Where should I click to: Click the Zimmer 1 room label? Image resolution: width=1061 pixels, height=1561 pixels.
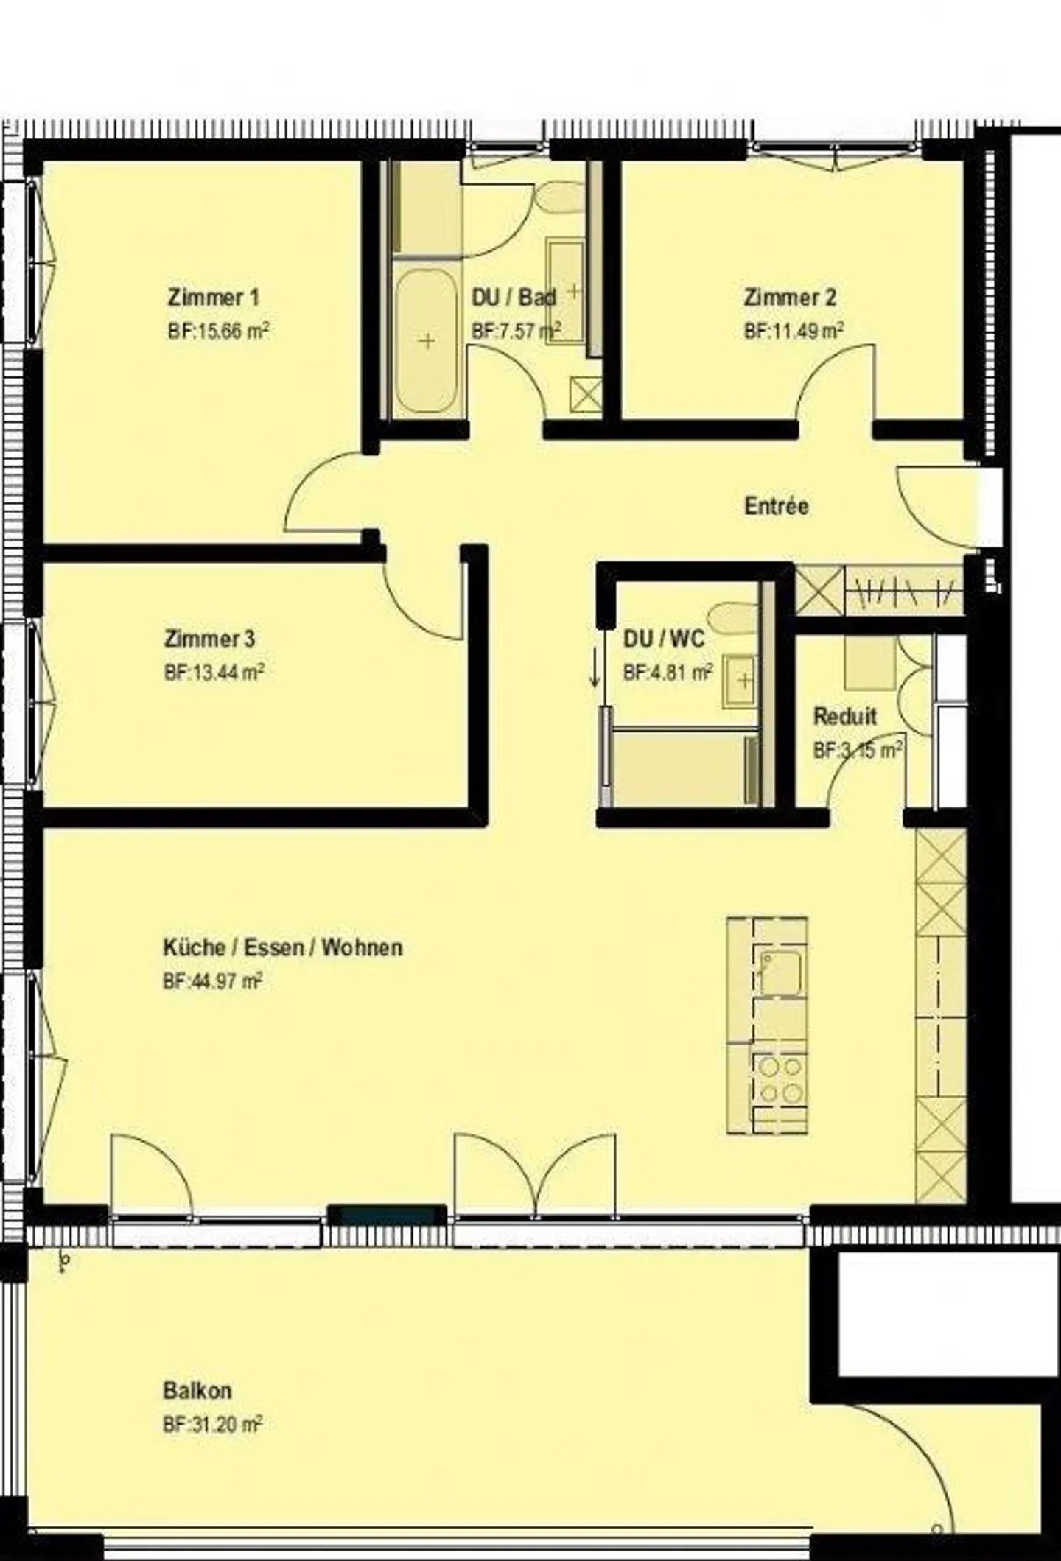click(x=214, y=298)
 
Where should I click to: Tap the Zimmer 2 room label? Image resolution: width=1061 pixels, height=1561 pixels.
click(x=790, y=298)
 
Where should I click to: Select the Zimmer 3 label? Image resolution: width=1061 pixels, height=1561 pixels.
click(x=209, y=638)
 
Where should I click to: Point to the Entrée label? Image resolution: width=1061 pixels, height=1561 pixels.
click(x=777, y=506)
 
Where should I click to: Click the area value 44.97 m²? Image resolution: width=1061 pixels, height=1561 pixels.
click(x=213, y=981)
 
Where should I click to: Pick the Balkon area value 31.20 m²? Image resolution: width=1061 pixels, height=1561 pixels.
click(x=213, y=1425)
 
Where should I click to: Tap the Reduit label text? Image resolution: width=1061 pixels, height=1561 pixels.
click(x=844, y=716)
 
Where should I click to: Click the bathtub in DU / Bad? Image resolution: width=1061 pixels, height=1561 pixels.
click(x=426, y=340)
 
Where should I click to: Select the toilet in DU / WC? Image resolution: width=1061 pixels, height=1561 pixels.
click(x=733, y=616)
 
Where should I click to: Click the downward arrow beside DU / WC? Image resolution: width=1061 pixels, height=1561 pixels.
click(x=595, y=672)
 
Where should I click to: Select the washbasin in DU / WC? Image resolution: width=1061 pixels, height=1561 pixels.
click(x=741, y=679)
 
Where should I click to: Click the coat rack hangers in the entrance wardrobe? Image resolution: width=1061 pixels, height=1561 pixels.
click(x=905, y=590)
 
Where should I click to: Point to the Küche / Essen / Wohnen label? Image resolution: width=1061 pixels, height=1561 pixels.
click(x=283, y=947)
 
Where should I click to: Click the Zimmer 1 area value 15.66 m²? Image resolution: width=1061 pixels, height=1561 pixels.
click(x=218, y=331)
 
